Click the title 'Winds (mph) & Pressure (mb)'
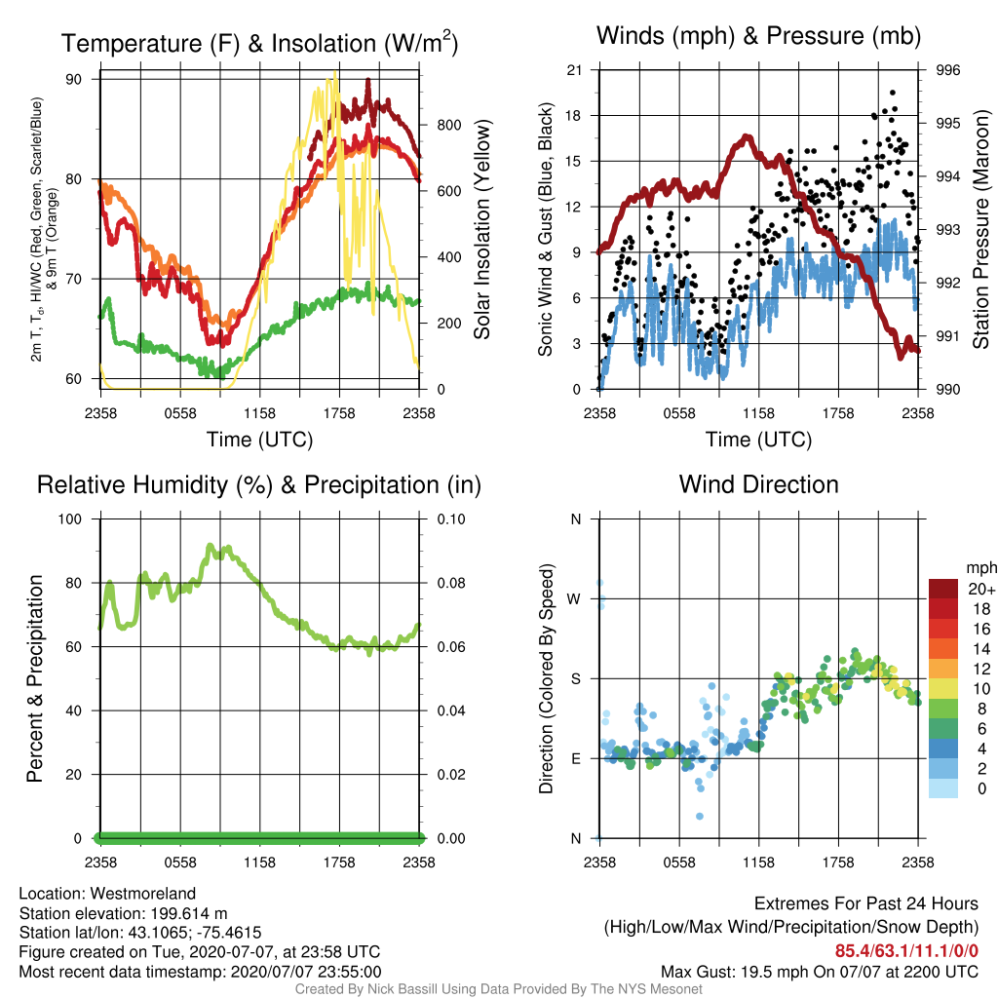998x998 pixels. (x=758, y=36)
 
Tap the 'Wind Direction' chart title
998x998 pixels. (x=758, y=484)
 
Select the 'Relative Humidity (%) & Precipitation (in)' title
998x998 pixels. (x=258, y=485)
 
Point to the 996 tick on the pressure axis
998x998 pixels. (x=947, y=70)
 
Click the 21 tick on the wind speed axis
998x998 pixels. (x=574, y=70)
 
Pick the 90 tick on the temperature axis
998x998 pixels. (x=74, y=80)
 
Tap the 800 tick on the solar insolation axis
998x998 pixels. (x=448, y=126)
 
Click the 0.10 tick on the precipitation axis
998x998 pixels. (x=450, y=519)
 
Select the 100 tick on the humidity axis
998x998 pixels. (x=70, y=519)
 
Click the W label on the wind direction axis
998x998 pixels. (x=574, y=599)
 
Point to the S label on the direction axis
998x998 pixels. (x=575, y=679)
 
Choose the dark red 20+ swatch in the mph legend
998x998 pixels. (x=943, y=589)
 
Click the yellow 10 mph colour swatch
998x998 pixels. (x=943, y=689)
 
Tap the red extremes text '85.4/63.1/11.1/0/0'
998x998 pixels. (x=906, y=951)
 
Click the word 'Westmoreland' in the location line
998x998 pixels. (x=142, y=894)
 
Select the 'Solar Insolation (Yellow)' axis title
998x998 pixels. (x=481, y=229)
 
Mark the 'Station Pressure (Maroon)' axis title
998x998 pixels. (x=980, y=229)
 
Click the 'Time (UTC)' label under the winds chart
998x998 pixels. (x=758, y=440)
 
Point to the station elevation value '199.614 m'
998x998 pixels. (x=189, y=913)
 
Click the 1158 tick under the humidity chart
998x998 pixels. (x=259, y=863)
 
